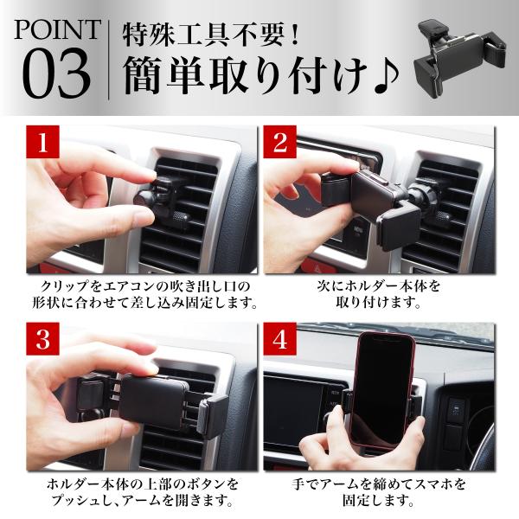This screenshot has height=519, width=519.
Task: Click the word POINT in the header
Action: click(x=57, y=29)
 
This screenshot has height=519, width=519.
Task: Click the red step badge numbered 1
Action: click(x=43, y=142)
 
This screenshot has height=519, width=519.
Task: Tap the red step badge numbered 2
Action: click(x=279, y=142)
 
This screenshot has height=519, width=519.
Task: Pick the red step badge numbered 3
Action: click(x=43, y=339)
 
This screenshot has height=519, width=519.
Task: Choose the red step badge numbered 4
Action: click(x=279, y=339)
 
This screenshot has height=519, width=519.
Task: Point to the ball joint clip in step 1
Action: click(x=156, y=198)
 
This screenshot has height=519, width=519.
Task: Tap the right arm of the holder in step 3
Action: click(x=214, y=416)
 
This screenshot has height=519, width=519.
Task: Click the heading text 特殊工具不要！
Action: click(x=211, y=35)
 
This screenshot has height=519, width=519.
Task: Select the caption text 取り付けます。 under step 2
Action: click(x=378, y=303)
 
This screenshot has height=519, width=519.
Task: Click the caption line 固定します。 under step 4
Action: click(x=378, y=501)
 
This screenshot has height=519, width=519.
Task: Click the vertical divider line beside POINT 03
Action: click(x=108, y=60)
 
